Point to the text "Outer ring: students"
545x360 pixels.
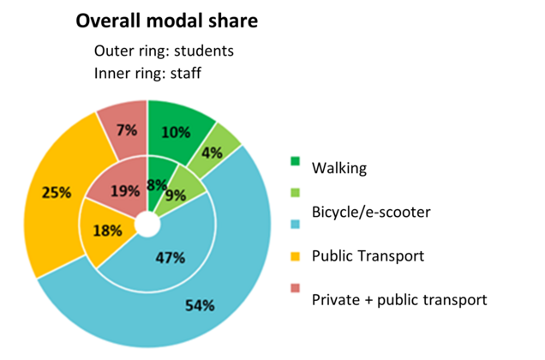(164, 51)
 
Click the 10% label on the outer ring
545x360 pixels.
(176, 132)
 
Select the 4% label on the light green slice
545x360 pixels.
(213, 152)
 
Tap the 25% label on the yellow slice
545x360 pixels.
(56, 193)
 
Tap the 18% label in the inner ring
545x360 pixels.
(108, 231)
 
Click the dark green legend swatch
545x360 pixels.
(296, 160)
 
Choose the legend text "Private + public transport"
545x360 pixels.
(399, 299)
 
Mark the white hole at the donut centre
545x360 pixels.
(148, 225)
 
